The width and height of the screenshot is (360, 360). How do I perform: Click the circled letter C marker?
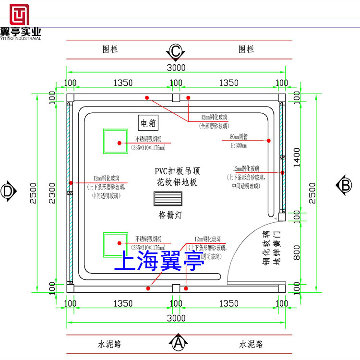[x=176, y=50]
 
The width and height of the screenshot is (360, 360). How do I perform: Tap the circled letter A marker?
[x=178, y=342]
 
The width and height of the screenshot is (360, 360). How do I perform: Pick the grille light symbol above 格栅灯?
[x=168, y=199]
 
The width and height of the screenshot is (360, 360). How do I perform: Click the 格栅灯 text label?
[x=168, y=214]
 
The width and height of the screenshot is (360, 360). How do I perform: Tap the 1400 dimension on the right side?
[x=298, y=154]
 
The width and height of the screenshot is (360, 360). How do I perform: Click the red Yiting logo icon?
[x=20, y=14]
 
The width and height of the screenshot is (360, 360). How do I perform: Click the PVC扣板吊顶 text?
[x=177, y=171]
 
